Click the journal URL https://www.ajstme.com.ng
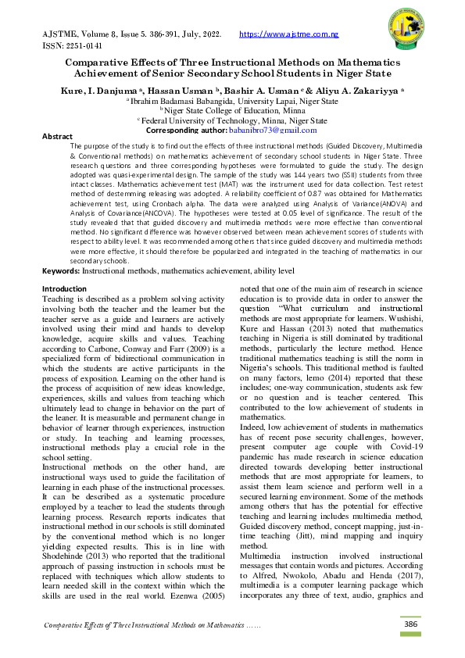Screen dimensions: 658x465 pyautogui.click(x=288, y=35)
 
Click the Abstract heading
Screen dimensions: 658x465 pyautogui.click(x=57, y=136)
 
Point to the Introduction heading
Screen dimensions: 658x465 pyautogui.click(x=64, y=288)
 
